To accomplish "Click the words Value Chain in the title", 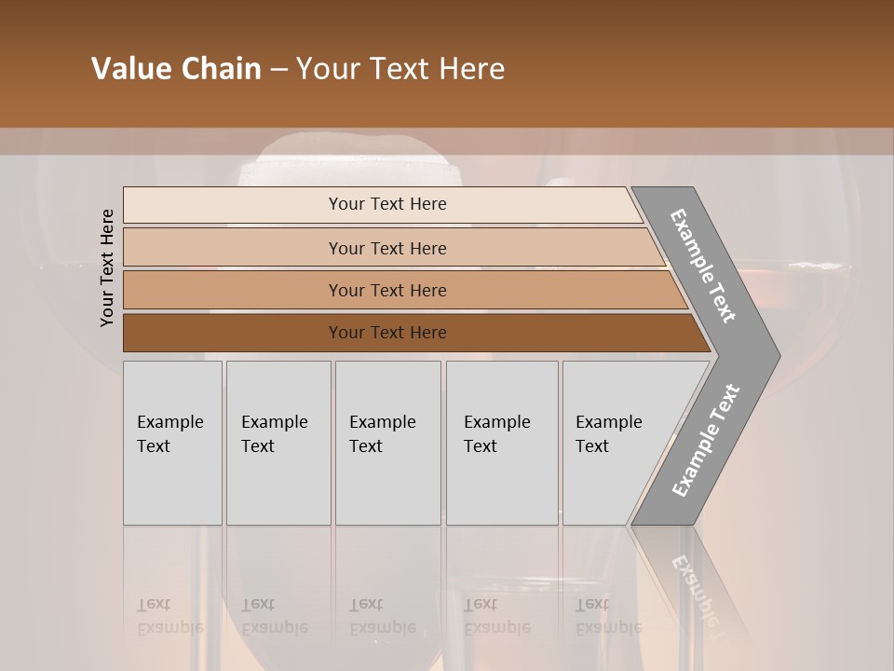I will [176, 69].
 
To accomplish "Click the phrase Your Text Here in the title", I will [400, 69].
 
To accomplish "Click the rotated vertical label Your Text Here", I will [107, 267].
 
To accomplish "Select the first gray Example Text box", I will [172, 443].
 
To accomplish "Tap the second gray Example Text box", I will [278, 443].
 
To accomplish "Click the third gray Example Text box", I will [387, 443].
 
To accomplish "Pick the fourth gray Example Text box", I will [502, 443].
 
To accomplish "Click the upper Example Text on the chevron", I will [703, 266].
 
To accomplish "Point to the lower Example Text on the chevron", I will [705, 441].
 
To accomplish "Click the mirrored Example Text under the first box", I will [169, 617].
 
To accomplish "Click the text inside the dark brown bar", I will [387, 333].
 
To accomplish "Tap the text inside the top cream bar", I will [387, 204].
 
